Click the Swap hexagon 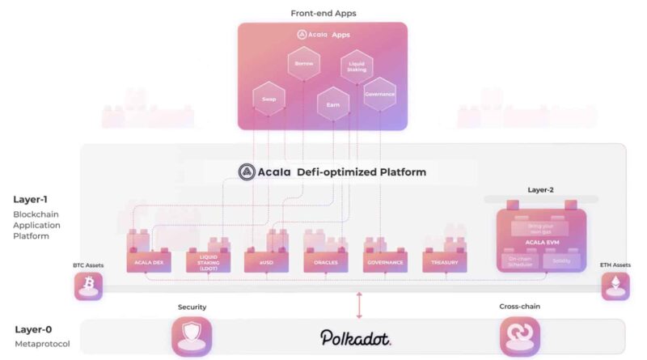click(269, 99)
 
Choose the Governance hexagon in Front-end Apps click(379, 94)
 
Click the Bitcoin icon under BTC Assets click(88, 286)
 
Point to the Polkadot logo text click(356, 337)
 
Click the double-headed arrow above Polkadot click(359, 306)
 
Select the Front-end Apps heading click(323, 13)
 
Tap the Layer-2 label click(541, 191)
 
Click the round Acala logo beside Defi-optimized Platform click(247, 172)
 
